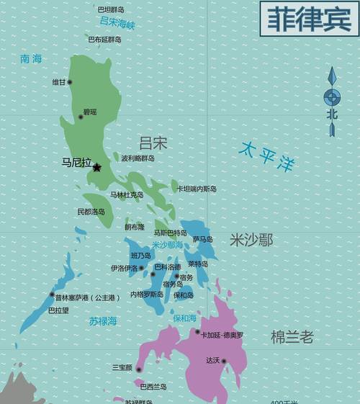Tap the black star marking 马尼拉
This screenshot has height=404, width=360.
pyautogui.click(x=97, y=168)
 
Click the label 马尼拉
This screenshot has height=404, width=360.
pyautogui.click(x=76, y=163)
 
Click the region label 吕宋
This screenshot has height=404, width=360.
pyautogui.click(x=153, y=142)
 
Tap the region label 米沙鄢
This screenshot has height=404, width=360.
pyautogui.click(x=251, y=240)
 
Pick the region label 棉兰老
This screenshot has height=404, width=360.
pyautogui.click(x=292, y=336)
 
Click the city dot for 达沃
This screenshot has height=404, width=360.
pyautogui.click(x=224, y=361)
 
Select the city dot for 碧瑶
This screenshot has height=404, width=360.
pyautogui.click(x=81, y=117)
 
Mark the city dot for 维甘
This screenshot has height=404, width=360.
pyautogui.click(x=70, y=82)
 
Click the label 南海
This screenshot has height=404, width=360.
pyautogui.click(x=31, y=59)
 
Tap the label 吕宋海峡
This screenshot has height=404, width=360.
pyautogui.click(x=117, y=24)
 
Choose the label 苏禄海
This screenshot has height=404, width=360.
pyautogui.click(x=103, y=320)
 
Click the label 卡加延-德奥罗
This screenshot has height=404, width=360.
pyautogui.click(x=222, y=335)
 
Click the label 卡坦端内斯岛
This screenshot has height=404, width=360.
pyautogui.click(x=197, y=189)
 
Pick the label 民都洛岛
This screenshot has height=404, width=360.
pyautogui.click(x=91, y=212)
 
